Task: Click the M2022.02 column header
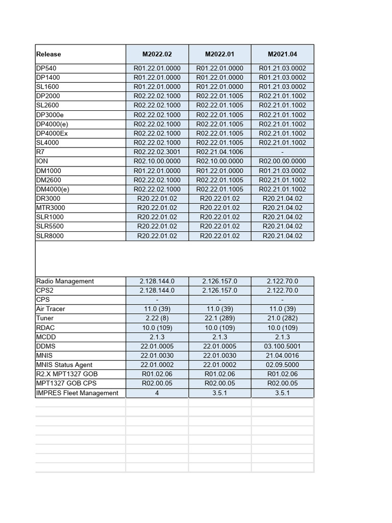pyautogui.click(x=157, y=54)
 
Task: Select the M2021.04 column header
pyautogui.click(x=282, y=54)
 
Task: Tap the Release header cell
pyautogui.click(x=49, y=54)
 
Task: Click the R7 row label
pyautogui.click(x=40, y=152)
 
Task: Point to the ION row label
pyautogui.click(x=42, y=161)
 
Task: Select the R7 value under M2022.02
pyautogui.click(x=157, y=152)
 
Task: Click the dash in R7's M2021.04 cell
pyautogui.click(x=282, y=152)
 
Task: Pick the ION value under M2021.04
pyautogui.click(x=282, y=161)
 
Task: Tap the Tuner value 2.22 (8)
pyautogui.click(x=157, y=318)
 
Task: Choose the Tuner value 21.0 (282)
pyautogui.click(x=282, y=318)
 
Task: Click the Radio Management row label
pyautogui.click(x=65, y=281)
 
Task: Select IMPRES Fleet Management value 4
pyautogui.click(x=157, y=393)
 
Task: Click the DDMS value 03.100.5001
pyautogui.click(x=282, y=346)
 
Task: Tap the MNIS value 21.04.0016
pyautogui.click(x=282, y=355)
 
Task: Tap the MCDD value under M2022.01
pyautogui.click(x=219, y=337)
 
